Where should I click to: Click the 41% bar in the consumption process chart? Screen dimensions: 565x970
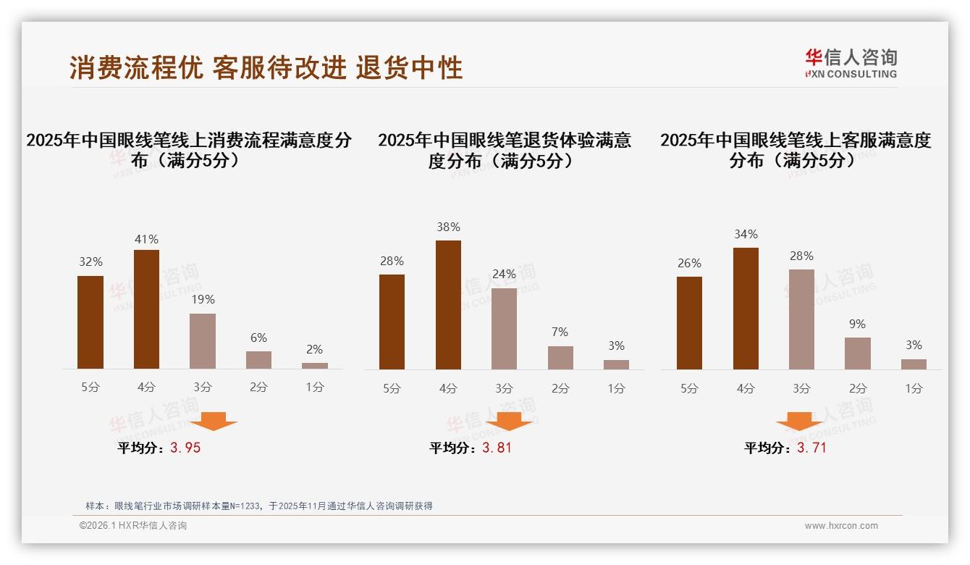click(146, 309)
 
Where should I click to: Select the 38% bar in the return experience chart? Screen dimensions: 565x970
click(448, 305)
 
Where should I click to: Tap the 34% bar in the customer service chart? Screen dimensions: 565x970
click(746, 309)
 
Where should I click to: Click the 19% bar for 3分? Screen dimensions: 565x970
click(203, 341)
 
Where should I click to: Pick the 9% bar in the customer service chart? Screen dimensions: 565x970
click(858, 353)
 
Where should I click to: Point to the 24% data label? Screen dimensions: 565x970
click(504, 275)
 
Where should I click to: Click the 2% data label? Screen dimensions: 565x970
click(314, 349)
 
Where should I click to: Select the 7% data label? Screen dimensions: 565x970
click(560, 332)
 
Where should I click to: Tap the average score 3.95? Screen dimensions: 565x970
click(185, 448)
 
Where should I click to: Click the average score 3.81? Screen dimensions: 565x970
click(497, 448)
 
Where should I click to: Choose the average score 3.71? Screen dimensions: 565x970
click(811, 448)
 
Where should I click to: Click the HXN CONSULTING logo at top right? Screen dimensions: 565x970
click(851, 63)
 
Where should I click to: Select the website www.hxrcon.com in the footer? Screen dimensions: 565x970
click(840, 526)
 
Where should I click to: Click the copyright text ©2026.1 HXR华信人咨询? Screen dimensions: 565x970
click(132, 526)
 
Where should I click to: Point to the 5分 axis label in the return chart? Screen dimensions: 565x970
click(392, 388)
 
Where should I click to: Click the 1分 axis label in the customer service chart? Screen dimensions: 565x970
click(914, 388)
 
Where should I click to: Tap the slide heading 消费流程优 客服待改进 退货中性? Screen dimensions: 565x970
click(266, 68)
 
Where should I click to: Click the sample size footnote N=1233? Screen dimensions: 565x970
click(258, 506)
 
